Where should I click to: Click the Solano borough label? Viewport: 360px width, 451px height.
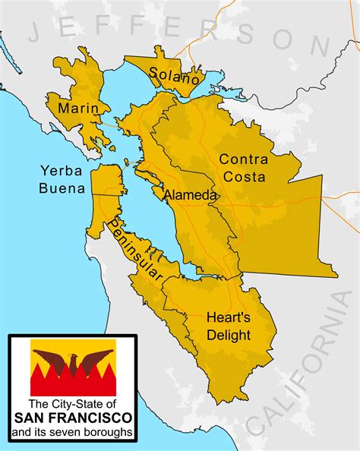[x=175, y=76]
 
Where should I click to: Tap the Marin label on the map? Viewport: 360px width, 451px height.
[x=78, y=109]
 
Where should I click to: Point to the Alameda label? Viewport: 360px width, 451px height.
[x=191, y=195]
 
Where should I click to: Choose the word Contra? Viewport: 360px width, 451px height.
[x=243, y=159]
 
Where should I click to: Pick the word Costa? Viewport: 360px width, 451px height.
[x=245, y=177]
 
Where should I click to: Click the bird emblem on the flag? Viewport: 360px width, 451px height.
[x=73, y=367]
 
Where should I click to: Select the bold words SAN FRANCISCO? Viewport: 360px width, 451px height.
[x=72, y=418]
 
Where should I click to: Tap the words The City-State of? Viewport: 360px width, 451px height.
[x=72, y=404]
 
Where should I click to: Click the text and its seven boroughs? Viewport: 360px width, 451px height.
[x=72, y=433]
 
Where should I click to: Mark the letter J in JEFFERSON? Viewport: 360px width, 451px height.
[x=36, y=32]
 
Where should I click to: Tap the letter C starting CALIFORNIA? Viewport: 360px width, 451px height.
[x=262, y=425]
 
